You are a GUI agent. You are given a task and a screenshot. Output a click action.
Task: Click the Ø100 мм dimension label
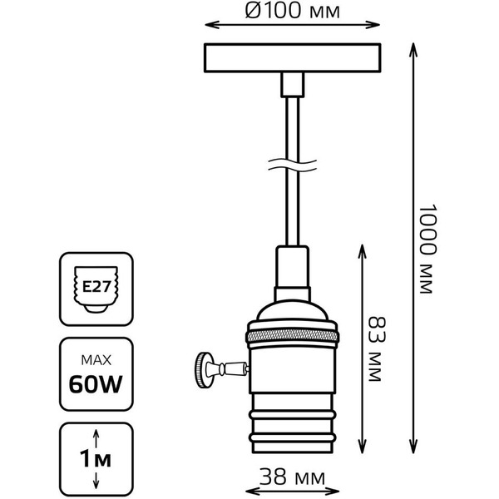288,11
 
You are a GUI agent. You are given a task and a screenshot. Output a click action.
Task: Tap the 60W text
97,384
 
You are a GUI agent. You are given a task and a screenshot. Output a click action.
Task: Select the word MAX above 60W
97,360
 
